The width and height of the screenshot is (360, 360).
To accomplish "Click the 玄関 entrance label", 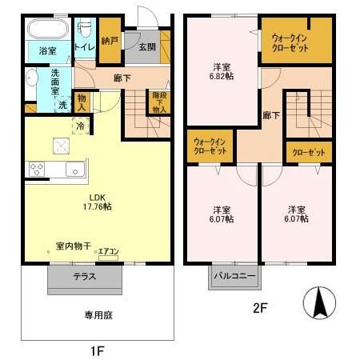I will click(146, 46).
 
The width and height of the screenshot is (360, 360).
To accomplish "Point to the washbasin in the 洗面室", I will click(31, 79).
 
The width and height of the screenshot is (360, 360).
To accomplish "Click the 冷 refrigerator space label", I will click(81, 125).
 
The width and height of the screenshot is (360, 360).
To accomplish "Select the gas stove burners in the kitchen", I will click(37, 168).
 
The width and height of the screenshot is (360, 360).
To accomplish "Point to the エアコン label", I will click(108, 252).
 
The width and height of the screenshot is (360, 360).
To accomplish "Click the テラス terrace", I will click(86, 277).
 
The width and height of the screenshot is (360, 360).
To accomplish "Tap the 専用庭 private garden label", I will click(96, 314).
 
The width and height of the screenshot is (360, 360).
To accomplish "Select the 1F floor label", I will click(95, 350).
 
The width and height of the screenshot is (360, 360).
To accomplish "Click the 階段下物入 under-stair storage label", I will click(158, 102).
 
